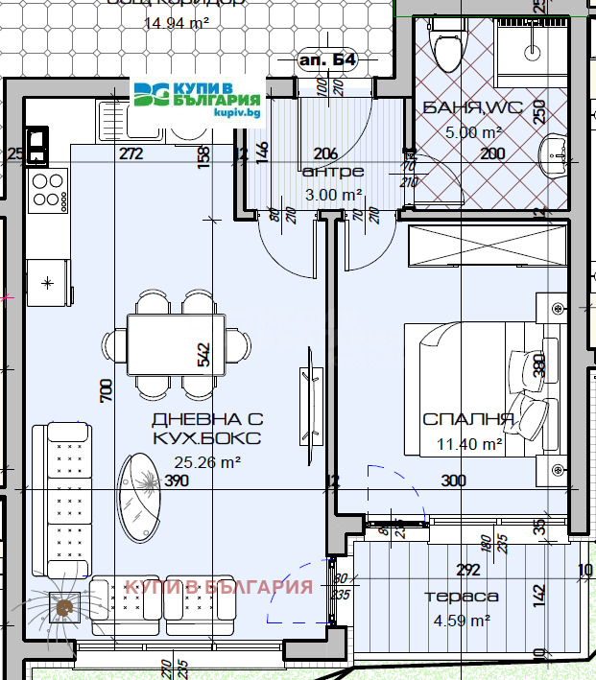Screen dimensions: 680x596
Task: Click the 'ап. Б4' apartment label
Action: (329, 60)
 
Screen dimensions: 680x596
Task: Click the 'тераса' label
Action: (462, 596)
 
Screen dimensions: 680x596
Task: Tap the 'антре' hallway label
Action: (332, 172)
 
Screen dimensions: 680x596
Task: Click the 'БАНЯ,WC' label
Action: (472, 108)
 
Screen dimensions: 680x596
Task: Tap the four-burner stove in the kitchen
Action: (48, 191)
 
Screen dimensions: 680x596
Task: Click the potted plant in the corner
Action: (64, 606)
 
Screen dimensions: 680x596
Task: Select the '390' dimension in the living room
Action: (176, 481)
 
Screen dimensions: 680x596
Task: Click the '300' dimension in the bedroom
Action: (453, 481)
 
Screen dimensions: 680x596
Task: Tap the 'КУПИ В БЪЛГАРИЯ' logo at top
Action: (199, 98)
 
